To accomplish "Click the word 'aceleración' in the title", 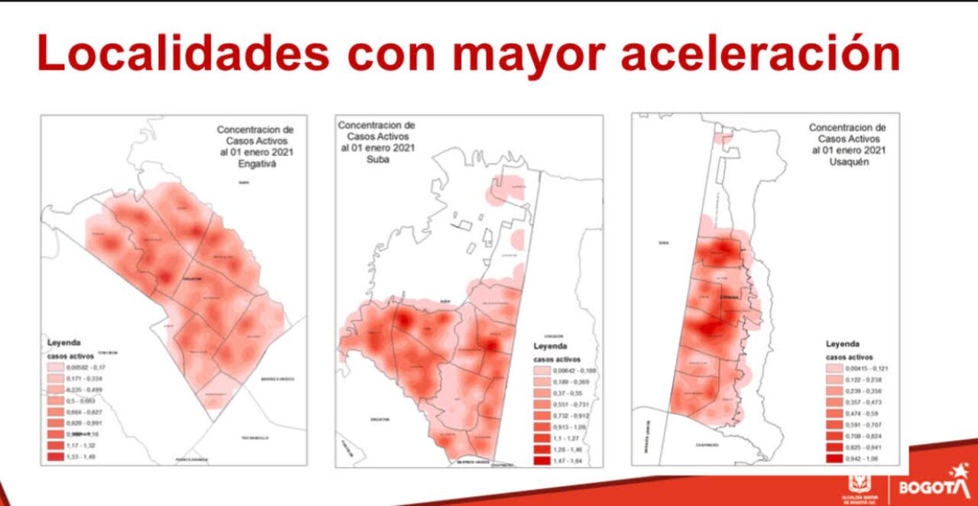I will (x=760, y=54).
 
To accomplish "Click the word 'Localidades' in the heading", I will (x=183, y=54).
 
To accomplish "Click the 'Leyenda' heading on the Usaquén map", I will (x=842, y=344).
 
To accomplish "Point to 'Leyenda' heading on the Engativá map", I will (x=64, y=342).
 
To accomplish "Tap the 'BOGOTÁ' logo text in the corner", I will (x=922, y=487).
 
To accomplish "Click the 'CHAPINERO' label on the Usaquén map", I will (x=707, y=445).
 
